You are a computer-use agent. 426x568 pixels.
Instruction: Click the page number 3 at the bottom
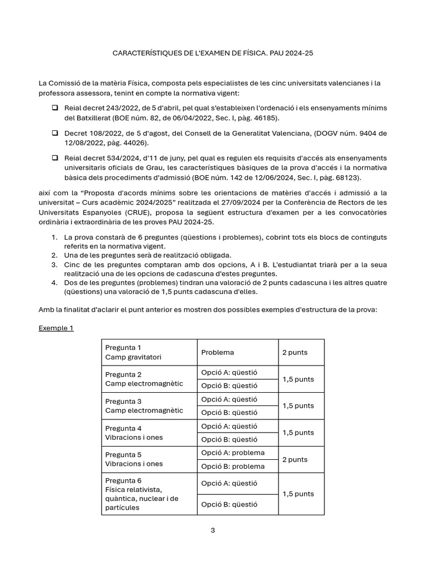212,530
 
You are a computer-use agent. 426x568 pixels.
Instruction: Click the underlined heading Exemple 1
55,328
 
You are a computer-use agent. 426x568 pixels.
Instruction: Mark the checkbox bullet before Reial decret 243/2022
55,107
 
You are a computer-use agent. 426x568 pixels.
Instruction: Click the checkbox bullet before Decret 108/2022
55,133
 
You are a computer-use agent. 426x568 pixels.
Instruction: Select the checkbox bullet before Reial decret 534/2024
55,158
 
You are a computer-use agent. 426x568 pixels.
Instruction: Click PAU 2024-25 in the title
297,54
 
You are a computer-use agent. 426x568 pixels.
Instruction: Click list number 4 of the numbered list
54,282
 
